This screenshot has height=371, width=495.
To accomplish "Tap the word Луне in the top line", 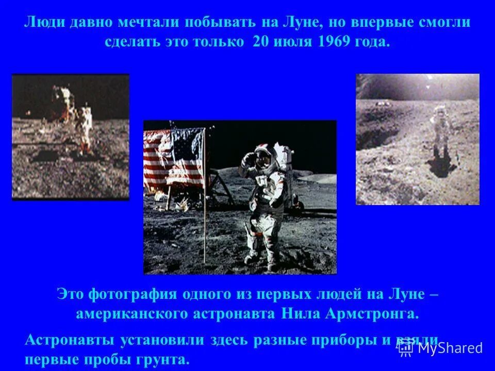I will [298, 23].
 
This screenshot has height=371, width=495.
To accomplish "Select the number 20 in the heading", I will [261, 41].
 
